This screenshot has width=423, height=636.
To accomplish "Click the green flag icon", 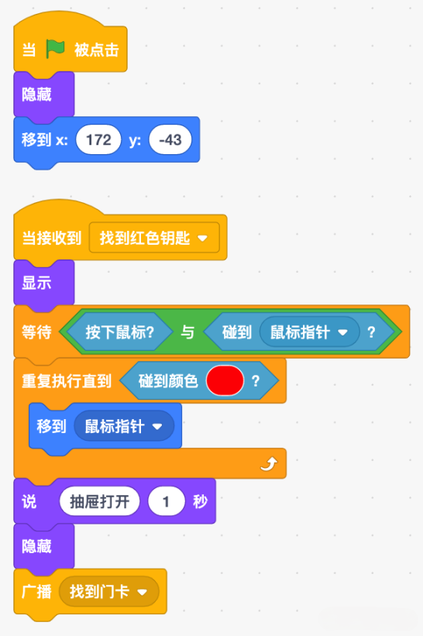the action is pos(55,49).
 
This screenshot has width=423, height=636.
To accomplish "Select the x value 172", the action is pos(98,140).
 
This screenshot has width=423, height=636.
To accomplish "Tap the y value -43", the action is pos(170,140).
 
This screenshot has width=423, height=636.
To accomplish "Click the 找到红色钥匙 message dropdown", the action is pos(154,238).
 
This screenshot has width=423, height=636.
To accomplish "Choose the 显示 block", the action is pos(44,283).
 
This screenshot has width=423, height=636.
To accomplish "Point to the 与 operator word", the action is pos(187,332).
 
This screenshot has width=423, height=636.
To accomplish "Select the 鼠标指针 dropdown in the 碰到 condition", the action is pos(309,332).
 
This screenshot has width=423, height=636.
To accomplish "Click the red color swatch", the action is pos(225,380).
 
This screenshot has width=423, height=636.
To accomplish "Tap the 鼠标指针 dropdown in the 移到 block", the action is pos(124,426).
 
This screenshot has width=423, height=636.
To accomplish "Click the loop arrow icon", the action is pos(269,463).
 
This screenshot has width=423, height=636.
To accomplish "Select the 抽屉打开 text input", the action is pos(99,502).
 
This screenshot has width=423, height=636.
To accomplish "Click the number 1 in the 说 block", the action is pos(167,502).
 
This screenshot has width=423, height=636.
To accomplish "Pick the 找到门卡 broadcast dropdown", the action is pos(108,592).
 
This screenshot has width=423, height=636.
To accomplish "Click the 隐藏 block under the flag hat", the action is pos(44,95).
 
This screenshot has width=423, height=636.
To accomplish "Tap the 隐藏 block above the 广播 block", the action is pos(44,546).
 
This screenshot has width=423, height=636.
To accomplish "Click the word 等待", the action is pos(36,332).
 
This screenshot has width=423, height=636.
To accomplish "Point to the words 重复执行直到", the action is pos(67,381).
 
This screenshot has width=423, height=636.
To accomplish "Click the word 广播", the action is pos(36,592).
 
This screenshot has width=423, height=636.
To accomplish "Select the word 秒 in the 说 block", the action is pos(201,502).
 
